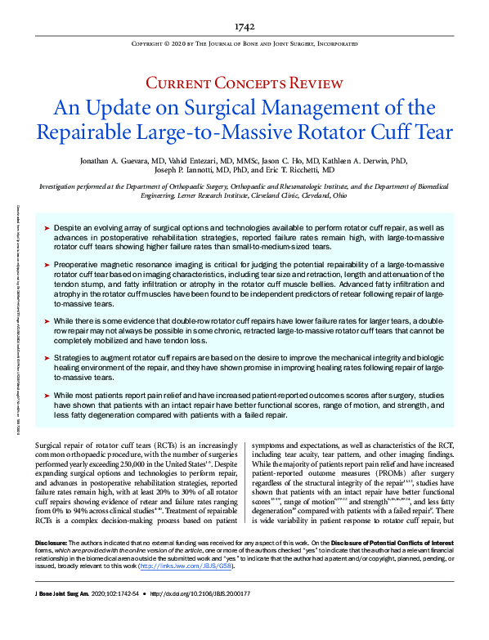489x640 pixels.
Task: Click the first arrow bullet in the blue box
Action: pyautogui.click(x=46, y=222)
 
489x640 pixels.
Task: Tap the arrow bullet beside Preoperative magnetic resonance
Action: pyautogui.click(x=46, y=266)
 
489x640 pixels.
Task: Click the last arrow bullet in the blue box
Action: pyautogui.click(x=46, y=394)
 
